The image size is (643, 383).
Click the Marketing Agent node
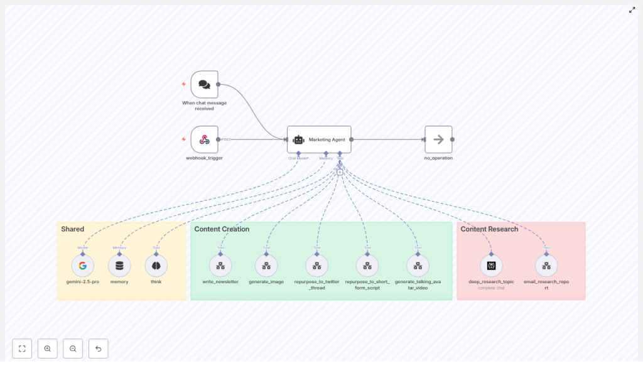(319, 139)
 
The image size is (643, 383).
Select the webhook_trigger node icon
(204, 139)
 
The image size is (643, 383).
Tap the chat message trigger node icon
(204, 84)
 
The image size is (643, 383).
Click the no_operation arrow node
(438, 139)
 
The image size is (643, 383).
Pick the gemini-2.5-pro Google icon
(83, 266)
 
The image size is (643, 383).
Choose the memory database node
(119, 266)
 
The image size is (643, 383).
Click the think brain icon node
(156, 266)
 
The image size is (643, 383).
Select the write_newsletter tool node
(220, 266)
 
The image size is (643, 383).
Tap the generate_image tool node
(266, 266)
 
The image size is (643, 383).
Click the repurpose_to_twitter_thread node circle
(316, 266)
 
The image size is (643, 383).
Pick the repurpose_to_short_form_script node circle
(367, 266)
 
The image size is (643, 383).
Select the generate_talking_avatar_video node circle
(418, 266)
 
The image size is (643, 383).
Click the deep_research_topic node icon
(491, 266)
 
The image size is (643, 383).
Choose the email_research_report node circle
(546, 266)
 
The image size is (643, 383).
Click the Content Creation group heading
(222, 229)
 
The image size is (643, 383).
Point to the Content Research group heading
(489, 229)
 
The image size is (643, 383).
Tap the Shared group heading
(72, 229)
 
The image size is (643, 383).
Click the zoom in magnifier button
(48, 348)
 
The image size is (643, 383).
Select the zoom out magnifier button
(73, 348)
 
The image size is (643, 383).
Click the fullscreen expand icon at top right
(632, 10)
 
